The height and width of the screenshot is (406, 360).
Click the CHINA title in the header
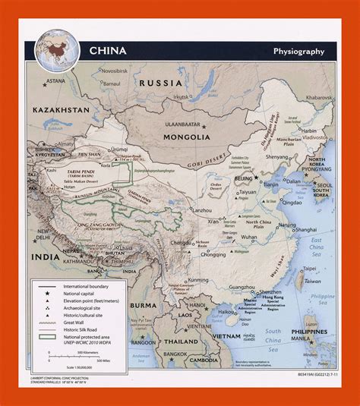coord(109,52)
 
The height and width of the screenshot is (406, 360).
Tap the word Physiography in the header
coord(298,52)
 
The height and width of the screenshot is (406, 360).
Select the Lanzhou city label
coord(202,209)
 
